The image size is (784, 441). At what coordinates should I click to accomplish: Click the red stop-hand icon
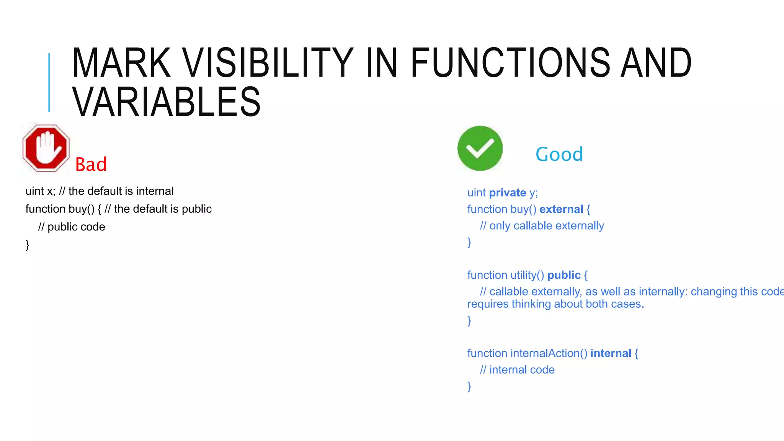(x=46, y=148)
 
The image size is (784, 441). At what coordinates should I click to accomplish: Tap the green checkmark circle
(x=480, y=148)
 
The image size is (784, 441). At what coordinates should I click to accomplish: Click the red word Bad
(x=91, y=165)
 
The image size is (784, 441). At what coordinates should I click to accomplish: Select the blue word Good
(x=559, y=154)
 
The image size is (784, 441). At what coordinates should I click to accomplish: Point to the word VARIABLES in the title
(x=167, y=102)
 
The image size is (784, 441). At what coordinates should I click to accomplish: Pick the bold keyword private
(x=507, y=193)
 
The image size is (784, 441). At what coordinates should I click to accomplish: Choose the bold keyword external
(x=561, y=209)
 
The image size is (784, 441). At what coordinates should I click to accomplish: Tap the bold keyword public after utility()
(x=563, y=275)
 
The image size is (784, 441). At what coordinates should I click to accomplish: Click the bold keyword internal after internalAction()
(x=611, y=353)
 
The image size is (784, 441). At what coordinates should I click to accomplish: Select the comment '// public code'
(x=72, y=227)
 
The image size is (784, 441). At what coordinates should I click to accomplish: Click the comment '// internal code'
(x=517, y=370)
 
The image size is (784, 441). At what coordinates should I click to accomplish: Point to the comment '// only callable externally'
(x=542, y=226)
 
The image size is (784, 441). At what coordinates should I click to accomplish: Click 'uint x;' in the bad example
(x=40, y=191)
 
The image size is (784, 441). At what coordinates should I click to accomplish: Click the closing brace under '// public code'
(x=28, y=245)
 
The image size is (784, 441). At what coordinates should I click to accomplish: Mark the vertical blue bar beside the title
(x=49, y=82)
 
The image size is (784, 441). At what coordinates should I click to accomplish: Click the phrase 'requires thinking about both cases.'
(x=555, y=304)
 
